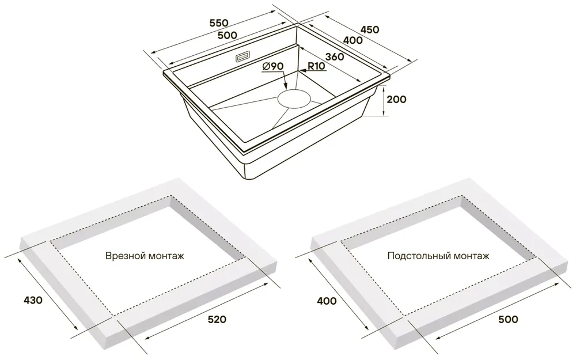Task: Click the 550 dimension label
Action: [218, 23]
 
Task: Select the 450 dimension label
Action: [370, 29]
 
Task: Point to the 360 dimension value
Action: [335, 56]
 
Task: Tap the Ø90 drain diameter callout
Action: [272, 66]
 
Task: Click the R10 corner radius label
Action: [316, 66]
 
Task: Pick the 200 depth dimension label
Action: [396, 99]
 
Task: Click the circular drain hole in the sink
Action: [294, 98]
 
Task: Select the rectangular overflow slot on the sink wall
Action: [242, 57]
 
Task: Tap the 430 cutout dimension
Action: [33, 300]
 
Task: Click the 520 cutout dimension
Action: [217, 319]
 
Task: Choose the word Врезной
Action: [123, 256]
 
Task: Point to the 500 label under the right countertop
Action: [508, 319]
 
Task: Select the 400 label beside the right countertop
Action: [327, 301]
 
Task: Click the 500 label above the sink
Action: [228, 35]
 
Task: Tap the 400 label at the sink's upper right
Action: [353, 40]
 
